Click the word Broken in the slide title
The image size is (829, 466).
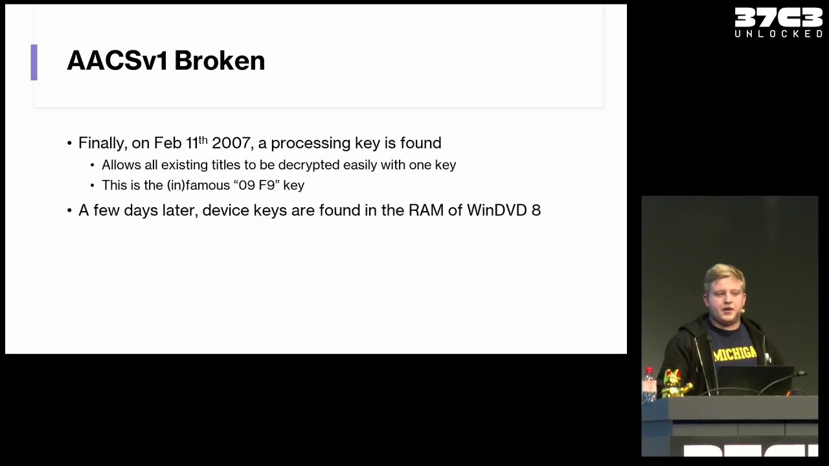tap(220, 60)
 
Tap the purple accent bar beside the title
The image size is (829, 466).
tap(34, 62)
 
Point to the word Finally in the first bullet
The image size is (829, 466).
tap(103, 144)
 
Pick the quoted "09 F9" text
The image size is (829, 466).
tap(257, 185)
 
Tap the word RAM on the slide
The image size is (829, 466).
tap(426, 210)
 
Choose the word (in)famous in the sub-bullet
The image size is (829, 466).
tap(198, 185)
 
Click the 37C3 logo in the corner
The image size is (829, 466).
tap(778, 17)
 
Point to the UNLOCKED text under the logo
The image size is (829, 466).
tap(778, 34)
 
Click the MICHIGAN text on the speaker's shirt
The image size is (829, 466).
tap(735, 354)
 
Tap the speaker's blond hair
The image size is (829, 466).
tap(724, 276)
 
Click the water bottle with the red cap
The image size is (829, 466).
tap(649, 384)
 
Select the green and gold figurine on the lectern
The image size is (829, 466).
tap(676, 384)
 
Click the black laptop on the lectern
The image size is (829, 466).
tap(755, 380)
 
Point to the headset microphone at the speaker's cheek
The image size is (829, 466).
tap(742, 311)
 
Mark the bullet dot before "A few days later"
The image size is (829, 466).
tap(69, 210)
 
